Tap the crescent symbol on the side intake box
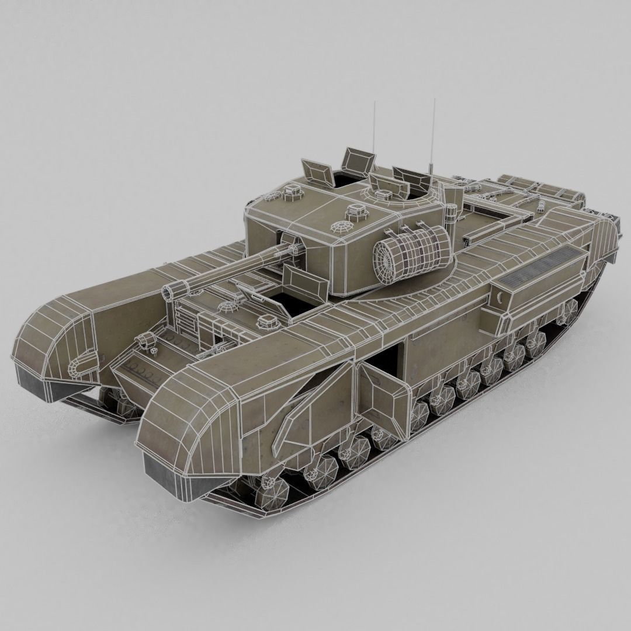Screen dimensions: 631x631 pos(500,300)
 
